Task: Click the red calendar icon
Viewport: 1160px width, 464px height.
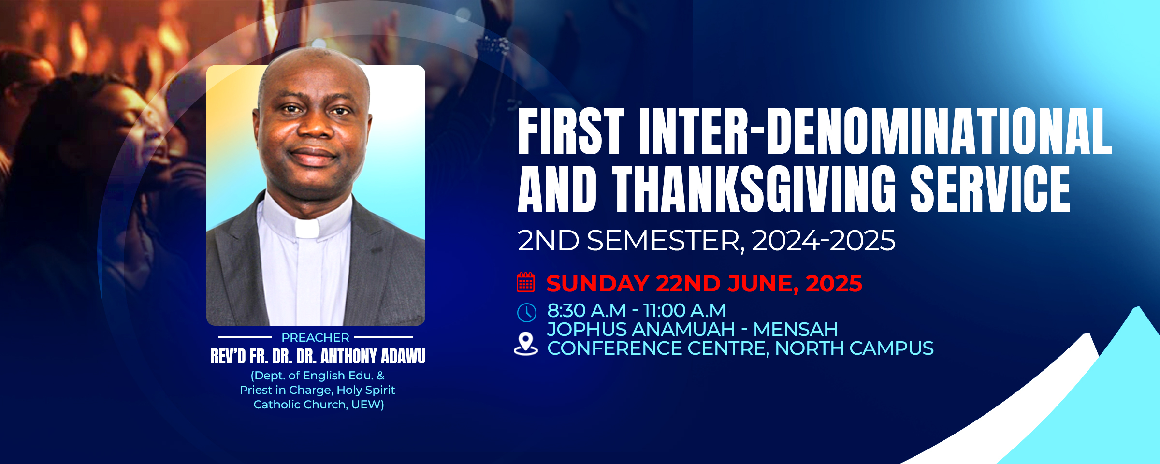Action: point(525,282)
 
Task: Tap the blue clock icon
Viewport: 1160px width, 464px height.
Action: point(526,313)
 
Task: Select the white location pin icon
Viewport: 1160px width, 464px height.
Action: point(525,344)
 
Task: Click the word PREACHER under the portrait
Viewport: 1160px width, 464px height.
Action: point(315,337)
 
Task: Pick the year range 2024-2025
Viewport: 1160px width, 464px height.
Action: point(823,241)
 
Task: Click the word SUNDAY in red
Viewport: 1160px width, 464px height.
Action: point(597,284)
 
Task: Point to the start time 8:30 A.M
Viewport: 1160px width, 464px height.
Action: point(586,311)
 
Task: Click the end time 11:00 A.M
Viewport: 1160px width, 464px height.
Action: point(684,311)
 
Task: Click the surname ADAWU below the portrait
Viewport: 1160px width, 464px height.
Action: point(403,357)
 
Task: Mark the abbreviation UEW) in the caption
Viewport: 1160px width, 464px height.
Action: point(367,405)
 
